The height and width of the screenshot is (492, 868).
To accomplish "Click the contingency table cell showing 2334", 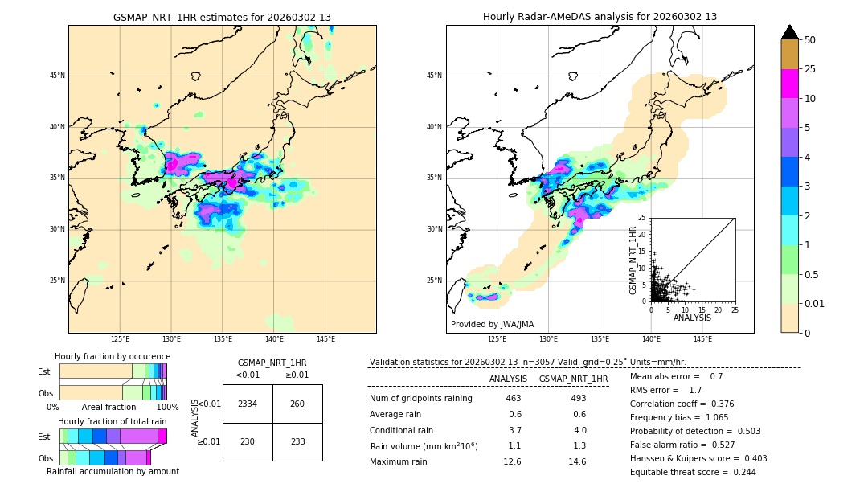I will (x=247, y=404).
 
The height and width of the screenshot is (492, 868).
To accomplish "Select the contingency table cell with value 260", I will (x=297, y=404).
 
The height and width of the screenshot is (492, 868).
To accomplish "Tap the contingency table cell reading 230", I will (x=247, y=441).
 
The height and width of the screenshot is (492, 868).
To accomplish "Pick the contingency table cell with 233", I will (x=297, y=441).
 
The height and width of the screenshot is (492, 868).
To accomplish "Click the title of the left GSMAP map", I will (x=222, y=17).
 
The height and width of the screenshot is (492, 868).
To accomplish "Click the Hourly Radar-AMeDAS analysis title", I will (x=600, y=17).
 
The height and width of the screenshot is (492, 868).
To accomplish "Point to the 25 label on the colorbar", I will (x=810, y=69).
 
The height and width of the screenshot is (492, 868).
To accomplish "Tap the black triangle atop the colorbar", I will (x=790, y=32).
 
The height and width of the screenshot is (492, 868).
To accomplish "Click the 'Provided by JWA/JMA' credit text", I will (x=492, y=324).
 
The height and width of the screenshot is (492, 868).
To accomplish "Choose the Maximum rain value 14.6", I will (x=577, y=461).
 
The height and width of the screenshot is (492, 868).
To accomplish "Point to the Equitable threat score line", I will (x=694, y=472).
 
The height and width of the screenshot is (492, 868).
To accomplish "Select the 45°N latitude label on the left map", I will (x=57, y=76).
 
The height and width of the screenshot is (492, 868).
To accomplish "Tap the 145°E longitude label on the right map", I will (x=702, y=339).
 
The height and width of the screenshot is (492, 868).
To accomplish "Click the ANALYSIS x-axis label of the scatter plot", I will (x=691, y=318).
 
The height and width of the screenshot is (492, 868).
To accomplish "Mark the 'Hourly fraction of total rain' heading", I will (x=113, y=421).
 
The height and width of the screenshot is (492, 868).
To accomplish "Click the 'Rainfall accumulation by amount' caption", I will (x=113, y=471).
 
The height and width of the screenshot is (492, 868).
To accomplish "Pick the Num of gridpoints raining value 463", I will (x=514, y=399).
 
